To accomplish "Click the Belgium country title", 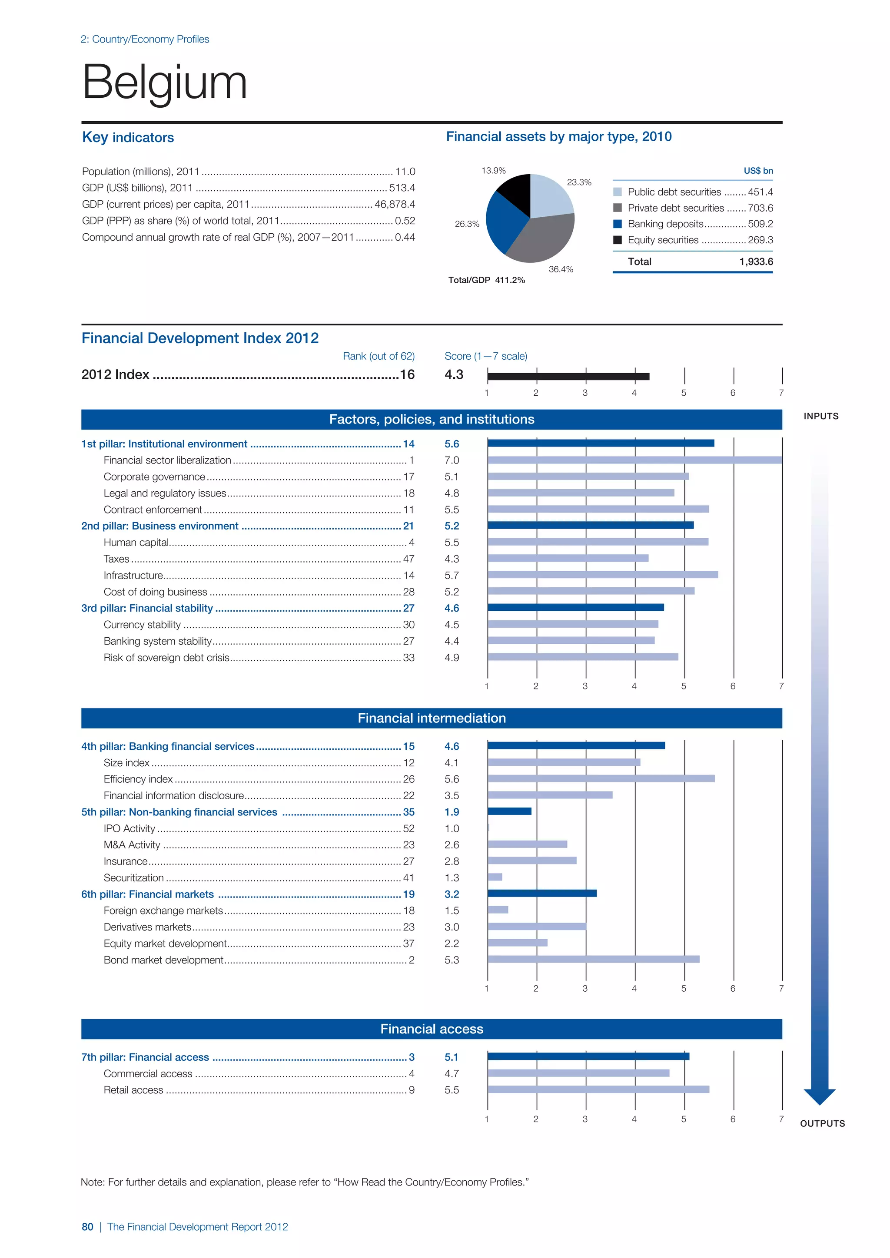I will click(x=164, y=82).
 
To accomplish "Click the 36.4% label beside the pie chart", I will click(x=561, y=269).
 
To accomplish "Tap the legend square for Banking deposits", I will click(x=618, y=224).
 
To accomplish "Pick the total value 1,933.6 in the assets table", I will click(x=756, y=262).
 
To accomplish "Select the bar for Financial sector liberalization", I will click(x=634, y=460).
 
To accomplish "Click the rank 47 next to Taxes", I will click(x=408, y=559).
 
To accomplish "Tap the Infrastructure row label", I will click(x=133, y=575).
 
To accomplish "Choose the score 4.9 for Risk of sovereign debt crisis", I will click(x=452, y=658).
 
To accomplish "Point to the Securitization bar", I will click(x=495, y=877).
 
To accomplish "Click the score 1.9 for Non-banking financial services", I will click(x=452, y=812).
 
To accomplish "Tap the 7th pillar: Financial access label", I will click(x=145, y=1057).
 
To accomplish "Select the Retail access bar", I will click(x=598, y=1089).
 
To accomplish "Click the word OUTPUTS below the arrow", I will click(x=822, y=1123).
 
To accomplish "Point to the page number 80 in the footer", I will click(x=87, y=1227).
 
